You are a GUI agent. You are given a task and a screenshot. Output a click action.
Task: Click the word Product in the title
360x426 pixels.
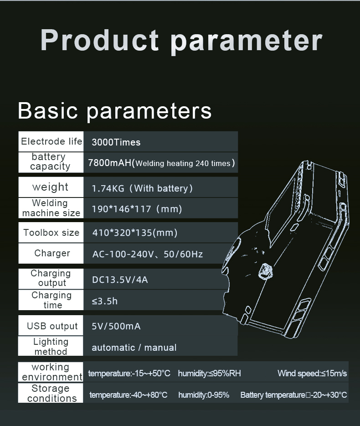[100, 40]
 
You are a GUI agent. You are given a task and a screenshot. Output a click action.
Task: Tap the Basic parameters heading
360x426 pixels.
[114, 110]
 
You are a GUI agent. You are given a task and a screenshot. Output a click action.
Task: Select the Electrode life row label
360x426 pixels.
[51, 141]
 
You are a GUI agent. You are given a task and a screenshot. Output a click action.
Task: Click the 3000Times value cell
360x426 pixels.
[116, 142]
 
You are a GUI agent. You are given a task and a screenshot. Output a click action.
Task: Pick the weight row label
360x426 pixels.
[50, 187]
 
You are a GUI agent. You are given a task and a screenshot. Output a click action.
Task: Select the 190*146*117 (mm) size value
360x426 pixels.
[137, 209]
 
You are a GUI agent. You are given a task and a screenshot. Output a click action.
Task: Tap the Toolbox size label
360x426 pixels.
[51, 233]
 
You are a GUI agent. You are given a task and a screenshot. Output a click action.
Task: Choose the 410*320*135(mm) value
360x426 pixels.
[135, 233]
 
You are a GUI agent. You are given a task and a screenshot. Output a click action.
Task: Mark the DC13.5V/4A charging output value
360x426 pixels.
[120, 280]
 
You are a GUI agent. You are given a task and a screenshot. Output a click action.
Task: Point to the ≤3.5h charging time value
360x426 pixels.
[104, 301]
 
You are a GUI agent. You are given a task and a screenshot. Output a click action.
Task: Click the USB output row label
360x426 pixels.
[52, 326]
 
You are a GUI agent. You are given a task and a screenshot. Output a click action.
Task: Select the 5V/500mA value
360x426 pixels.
[116, 326]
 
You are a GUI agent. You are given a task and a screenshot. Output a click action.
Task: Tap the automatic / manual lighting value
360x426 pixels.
[134, 348]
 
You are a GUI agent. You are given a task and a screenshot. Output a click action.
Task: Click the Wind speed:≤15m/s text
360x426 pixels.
[312, 373]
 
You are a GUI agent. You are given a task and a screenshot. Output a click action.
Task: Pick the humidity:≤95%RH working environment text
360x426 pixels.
[209, 373]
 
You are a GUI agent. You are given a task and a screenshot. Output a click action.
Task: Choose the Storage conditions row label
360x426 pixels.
[51, 393]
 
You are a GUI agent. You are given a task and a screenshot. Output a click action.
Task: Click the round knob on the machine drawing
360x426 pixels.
[265, 272]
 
